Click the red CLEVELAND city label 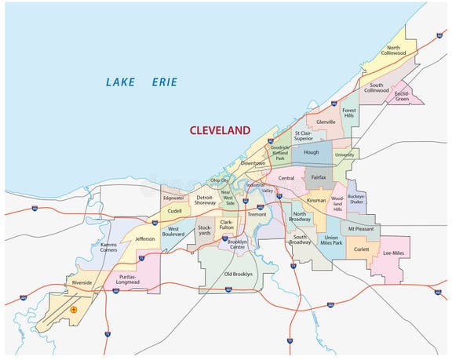point(220,130)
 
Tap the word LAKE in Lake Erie point(121,82)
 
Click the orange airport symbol point(74,311)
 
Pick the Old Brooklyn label point(239,274)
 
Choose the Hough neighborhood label point(311,153)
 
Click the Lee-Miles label point(393,253)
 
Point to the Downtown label point(253,162)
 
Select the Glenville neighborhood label point(326,122)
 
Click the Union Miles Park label point(332,240)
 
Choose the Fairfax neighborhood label point(318,179)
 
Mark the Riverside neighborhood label point(82,282)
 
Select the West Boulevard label point(173,231)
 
